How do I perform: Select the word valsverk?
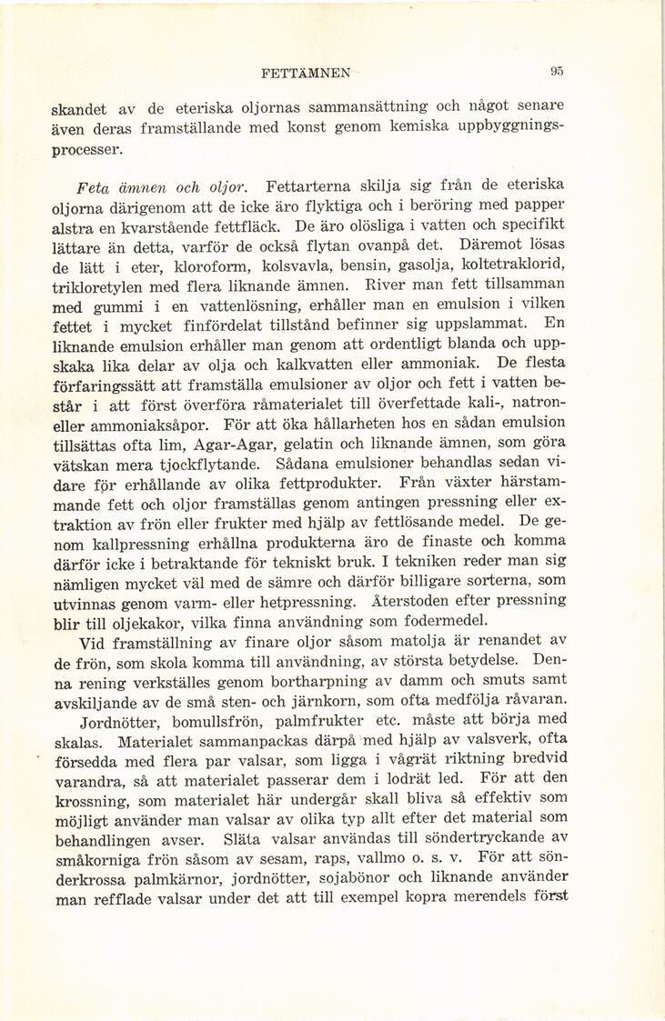[488, 741]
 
